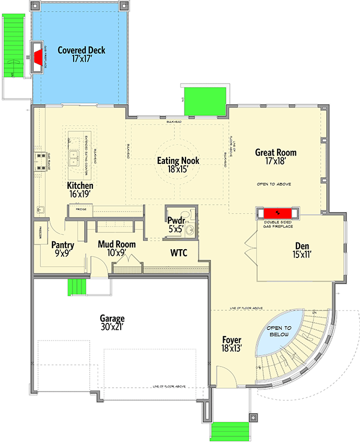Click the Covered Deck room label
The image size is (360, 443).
click(80, 54)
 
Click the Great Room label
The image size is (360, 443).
click(275, 156)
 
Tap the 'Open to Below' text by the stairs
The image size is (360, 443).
click(280, 332)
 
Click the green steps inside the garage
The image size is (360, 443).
click(78, 288)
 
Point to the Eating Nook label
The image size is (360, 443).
click(178, 165)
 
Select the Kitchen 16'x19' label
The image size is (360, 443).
click(80, 189)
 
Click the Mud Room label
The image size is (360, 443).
click(117, 248)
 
